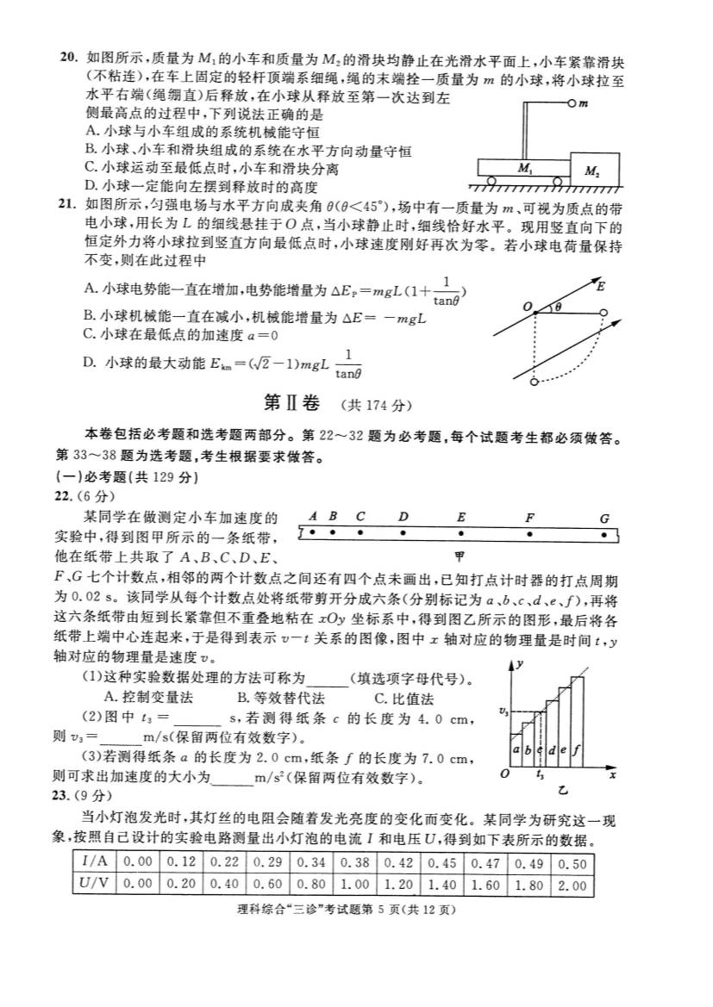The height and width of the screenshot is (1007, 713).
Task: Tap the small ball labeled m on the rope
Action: point(572,103)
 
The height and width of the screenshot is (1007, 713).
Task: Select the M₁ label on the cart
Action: point(524,169)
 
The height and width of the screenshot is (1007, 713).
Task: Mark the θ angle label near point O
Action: point(558,307)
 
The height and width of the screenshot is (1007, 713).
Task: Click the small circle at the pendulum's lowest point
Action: point(535,380)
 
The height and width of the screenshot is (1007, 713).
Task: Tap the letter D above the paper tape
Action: point(403,517)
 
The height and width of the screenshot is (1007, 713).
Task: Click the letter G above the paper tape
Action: point(604,519)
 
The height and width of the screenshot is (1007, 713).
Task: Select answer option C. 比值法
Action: point(403,699)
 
